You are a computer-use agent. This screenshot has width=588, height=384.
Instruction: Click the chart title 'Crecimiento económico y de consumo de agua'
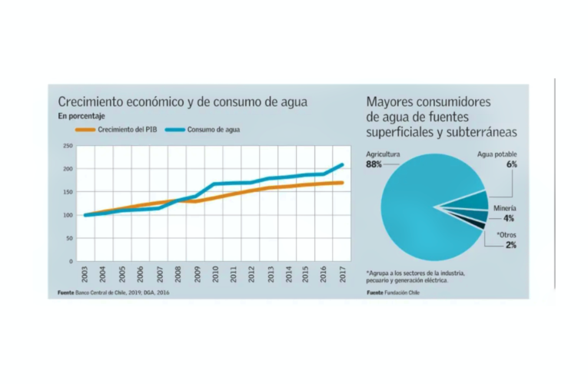click(x=183, y=102)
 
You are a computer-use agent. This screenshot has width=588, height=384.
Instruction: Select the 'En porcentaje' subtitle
click(x=82, y=117)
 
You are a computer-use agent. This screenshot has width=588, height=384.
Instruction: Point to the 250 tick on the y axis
click(x=68, y=146)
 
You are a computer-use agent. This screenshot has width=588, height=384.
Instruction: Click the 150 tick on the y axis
click(x=68, y=192)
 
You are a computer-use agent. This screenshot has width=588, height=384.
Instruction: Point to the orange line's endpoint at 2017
click(x=342, y=183)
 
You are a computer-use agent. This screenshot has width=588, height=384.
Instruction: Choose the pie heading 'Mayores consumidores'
click(x=428, y=101)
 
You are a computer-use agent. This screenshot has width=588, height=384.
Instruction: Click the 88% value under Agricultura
click(x=375, y=164)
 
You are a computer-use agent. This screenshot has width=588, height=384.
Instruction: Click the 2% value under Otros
click(x=510, y=245)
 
